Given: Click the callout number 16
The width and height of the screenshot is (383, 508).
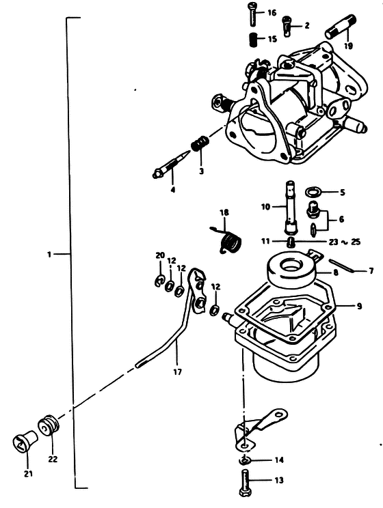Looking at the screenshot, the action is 272,13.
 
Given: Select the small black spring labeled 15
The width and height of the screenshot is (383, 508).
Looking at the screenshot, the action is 254,40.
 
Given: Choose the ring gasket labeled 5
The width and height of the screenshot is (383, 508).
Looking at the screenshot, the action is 314,192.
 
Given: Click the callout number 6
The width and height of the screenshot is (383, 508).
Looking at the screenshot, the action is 341,219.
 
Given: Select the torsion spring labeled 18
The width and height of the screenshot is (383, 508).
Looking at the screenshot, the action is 229,240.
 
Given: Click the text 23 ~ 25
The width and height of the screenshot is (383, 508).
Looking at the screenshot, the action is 345,242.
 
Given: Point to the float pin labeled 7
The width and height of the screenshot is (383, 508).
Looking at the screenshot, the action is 343,266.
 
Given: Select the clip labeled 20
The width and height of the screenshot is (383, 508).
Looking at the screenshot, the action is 159,281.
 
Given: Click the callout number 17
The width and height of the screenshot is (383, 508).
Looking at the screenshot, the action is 178,371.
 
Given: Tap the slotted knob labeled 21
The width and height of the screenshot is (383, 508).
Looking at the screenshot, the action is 25,441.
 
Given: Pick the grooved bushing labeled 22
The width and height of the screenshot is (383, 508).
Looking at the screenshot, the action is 49,426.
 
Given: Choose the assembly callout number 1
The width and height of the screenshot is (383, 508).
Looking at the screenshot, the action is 49,254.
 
